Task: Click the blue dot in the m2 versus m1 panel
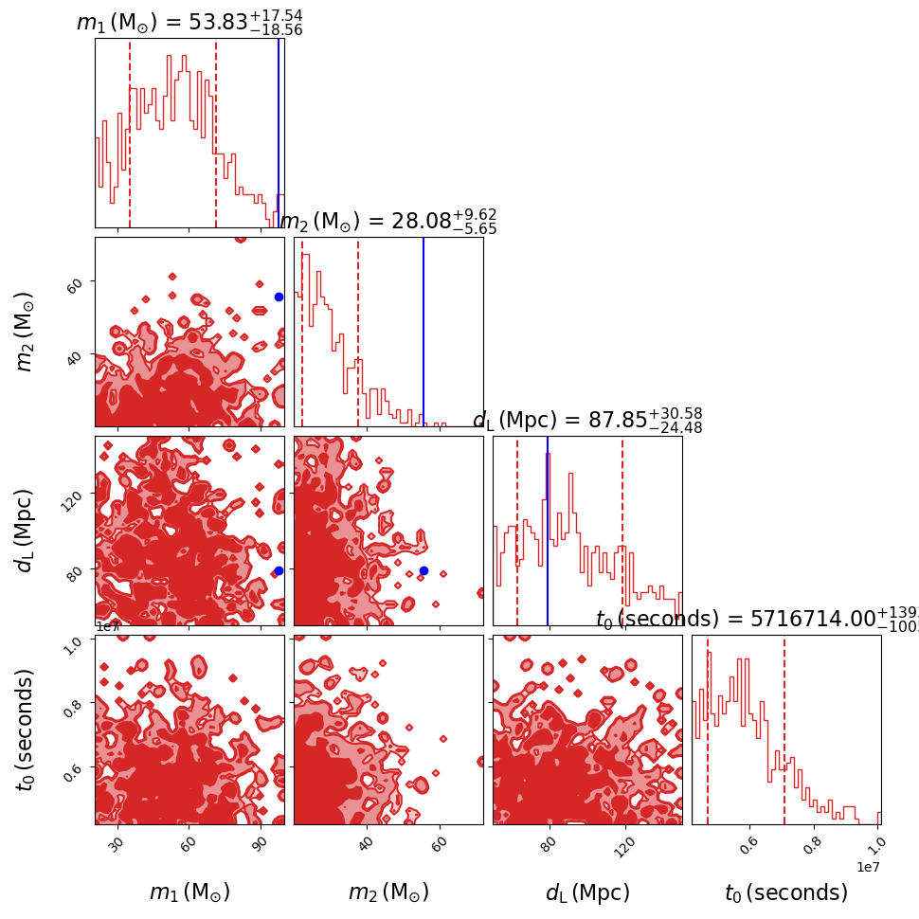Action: tap(279, 297)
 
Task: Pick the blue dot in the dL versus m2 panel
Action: tap(423, 570)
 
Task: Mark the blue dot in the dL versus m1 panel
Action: tap(279, 570)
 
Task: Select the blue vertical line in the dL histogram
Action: tap(548, 531)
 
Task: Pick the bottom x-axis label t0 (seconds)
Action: tap(786, 892)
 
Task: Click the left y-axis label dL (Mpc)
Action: tap(26, 531)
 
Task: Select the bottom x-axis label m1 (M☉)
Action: tap(189, 892)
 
